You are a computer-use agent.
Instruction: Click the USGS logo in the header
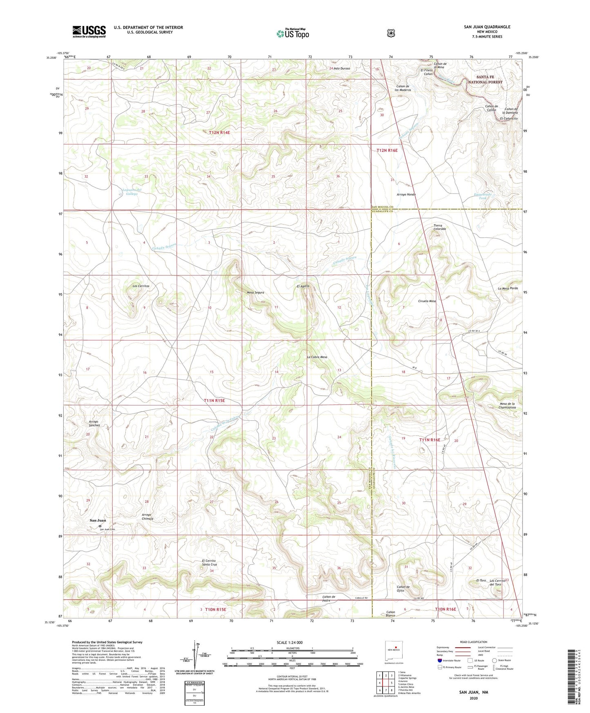[x=89, y=31]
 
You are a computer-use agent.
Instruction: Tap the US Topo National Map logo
[x=292, y=33]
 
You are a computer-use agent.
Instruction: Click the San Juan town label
[x=98, y=520]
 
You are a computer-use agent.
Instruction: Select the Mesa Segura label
[x=255, y=292]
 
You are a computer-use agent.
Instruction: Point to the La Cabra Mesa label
[x=317, y=357]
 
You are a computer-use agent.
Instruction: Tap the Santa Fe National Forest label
[x=485, y=79]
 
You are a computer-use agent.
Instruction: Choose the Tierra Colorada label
[x=439, y=227]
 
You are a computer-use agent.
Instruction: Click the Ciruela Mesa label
[x=427, y=301]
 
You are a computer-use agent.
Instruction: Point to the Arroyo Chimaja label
[x=147, y=517]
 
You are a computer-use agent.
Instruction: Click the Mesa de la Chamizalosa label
[x=508, y=406]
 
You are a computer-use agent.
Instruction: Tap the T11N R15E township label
[x=214, y=401]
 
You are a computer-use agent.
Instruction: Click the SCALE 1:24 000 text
[x=289, y=642]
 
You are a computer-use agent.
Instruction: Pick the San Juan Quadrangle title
[x=487, y=27]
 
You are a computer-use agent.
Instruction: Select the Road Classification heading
[x=474, y=642]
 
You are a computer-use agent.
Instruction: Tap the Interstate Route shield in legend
[x=439, y=660]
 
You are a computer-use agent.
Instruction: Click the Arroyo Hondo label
[x=406, y=194]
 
